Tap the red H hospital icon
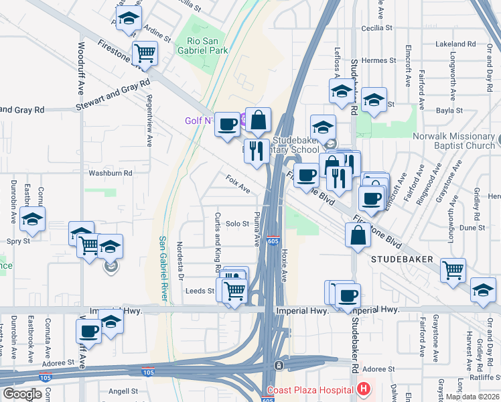tap(363, 389)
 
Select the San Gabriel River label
tap(163, 267)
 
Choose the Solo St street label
tap(237, 224)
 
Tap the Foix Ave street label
tap(238, 184)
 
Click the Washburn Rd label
tap(111, 172)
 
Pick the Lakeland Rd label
tap(455, 44)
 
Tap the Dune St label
tap(472, 228)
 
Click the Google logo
tap(23, 394)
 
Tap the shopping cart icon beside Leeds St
tap(234, 291)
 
